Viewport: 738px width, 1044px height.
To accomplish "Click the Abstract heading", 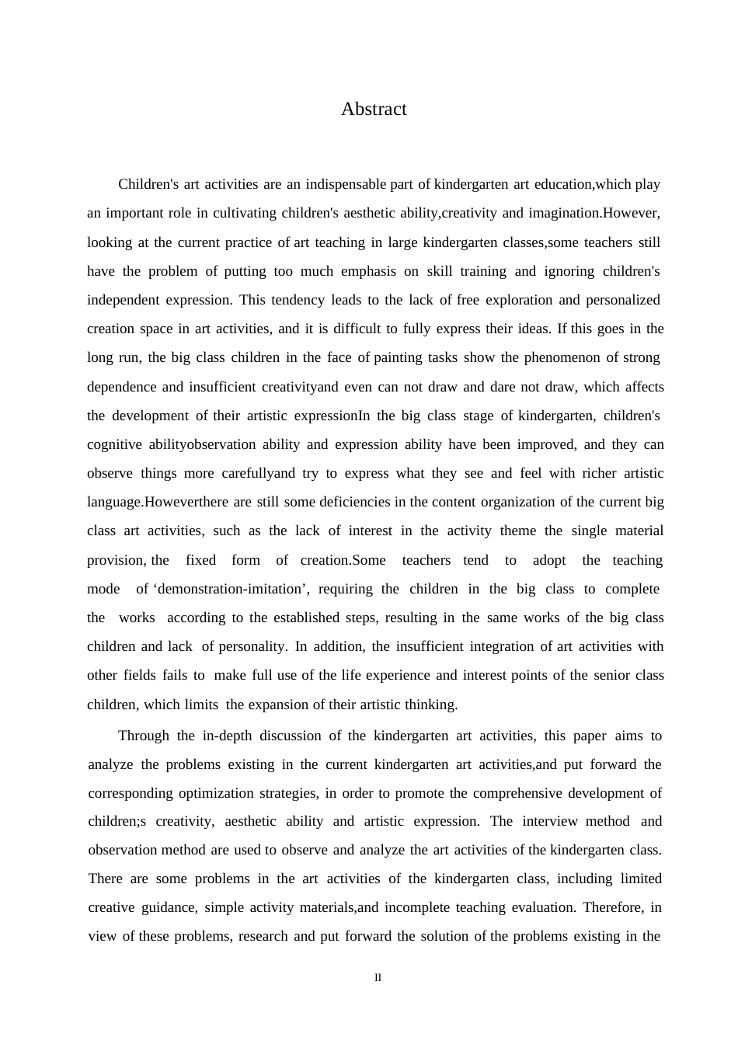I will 374,110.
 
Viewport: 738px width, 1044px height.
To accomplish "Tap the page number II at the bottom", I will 378,978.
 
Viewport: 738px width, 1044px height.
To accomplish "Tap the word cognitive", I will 114,444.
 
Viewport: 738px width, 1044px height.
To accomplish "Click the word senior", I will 611,675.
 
